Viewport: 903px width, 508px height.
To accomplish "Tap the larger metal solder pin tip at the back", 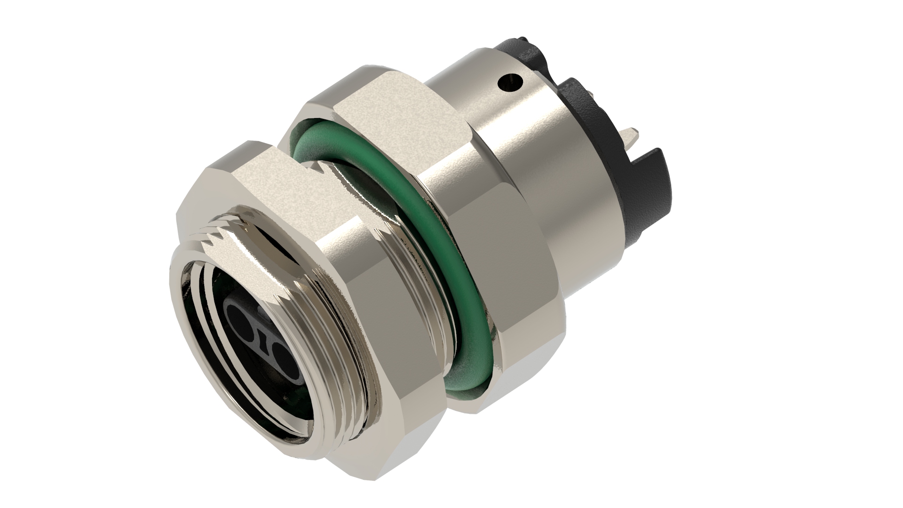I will [x=630, y=137].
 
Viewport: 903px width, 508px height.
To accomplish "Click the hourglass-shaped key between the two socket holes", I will [x=261, y=336].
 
